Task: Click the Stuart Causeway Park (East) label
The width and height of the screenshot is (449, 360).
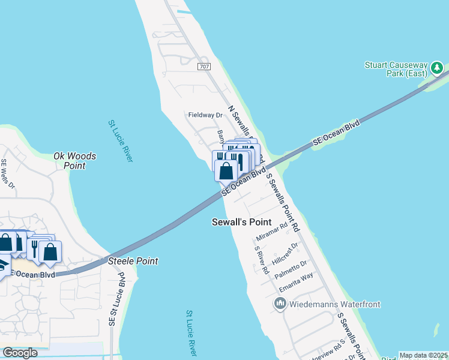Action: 396,68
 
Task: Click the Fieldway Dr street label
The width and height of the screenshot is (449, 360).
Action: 205,115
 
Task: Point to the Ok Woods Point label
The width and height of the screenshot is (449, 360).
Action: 74,161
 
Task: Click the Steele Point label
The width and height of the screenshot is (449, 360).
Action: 133,261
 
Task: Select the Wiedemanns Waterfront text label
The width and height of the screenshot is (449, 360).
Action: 335,304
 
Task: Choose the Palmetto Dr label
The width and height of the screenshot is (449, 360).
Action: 291,268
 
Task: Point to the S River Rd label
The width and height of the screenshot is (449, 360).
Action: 261,260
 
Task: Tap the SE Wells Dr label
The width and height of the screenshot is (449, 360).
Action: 8,173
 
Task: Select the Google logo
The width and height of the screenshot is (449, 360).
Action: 20,353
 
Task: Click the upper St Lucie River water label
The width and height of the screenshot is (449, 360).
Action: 121,140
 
